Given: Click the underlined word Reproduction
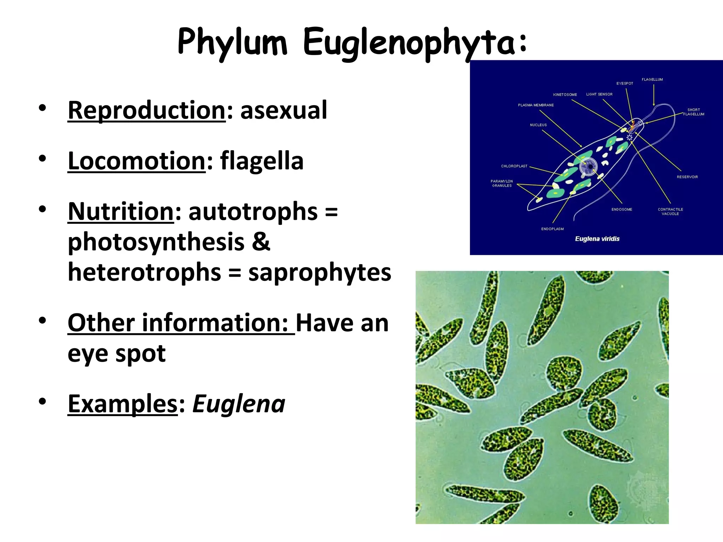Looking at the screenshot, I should tap(147, 110).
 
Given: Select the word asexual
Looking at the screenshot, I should tap(283, 110).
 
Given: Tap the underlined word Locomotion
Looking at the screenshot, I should tap(137, 161).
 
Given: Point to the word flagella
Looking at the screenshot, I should tap(262, 161).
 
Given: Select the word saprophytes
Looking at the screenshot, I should tap(319, 273).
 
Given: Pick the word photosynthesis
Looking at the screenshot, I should tap(156, 242).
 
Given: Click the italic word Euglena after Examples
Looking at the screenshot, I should tap(239, 404).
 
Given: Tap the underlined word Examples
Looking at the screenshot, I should tap(123, 404).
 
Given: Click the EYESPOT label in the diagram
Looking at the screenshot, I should tap(625, 84).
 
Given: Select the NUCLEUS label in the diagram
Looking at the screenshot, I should tap(538, 125).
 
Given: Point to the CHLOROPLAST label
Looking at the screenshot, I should tap(514, 166).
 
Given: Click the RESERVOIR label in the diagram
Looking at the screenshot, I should tap(687, 177).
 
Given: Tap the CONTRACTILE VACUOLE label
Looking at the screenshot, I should tap(670, 211).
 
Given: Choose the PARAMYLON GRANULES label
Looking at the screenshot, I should tap(502, 183).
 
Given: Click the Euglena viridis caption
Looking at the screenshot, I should tap(597, 239).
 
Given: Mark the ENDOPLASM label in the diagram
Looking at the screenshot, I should tap(552, 229).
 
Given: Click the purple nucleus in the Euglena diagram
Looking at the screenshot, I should tap(588, 167).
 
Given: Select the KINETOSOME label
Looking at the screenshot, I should tap(565, 95).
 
